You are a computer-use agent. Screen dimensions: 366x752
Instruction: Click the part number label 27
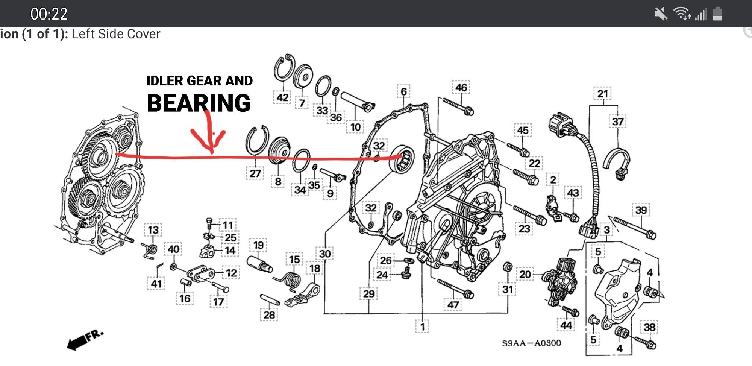[255, 173]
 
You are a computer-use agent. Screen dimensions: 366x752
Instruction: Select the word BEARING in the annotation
[199, 103]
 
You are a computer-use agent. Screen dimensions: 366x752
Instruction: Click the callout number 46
[461, 87]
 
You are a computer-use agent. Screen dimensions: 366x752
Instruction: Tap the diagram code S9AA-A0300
[531, 343]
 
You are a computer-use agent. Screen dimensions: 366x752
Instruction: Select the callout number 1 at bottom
[422, 327]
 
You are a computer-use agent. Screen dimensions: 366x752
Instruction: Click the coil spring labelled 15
[291, 280]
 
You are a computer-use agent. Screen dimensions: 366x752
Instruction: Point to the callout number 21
[603, 94]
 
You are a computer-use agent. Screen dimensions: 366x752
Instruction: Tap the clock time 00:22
[49, 14]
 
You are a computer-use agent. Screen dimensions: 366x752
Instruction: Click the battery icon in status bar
[717, 14]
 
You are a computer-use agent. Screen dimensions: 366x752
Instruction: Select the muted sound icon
[660, 14]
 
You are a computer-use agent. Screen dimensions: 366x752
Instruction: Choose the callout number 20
[525, 274]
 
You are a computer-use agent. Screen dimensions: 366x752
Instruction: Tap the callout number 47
[453, 305]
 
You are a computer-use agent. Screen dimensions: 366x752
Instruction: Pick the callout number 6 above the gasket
[403, 91]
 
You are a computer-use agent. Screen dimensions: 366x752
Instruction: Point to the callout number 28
[269, 314]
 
